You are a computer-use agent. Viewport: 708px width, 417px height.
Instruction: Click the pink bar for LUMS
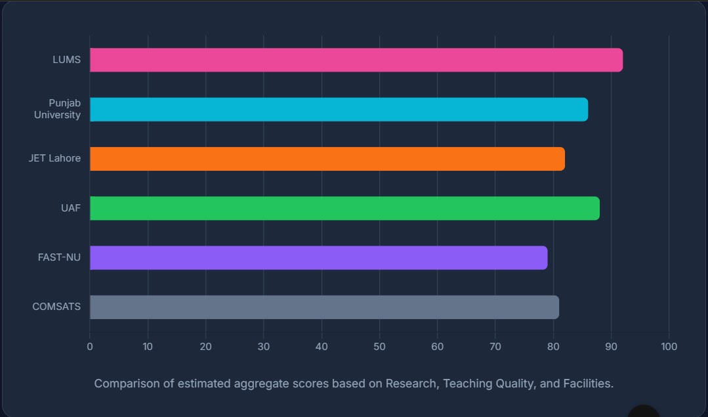[x=356, y=60]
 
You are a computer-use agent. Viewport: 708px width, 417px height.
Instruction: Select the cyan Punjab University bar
[x=339, y=110]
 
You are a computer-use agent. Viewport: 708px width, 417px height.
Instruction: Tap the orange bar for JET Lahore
[x=327, y=159]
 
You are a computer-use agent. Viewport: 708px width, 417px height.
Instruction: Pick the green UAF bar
[x=344, y=208]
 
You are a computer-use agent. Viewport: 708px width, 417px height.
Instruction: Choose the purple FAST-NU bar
[x=318, y=257]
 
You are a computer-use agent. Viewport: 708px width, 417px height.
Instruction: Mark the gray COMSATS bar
[x=324, y=307]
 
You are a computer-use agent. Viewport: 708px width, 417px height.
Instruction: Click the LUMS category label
[x=66, y=60]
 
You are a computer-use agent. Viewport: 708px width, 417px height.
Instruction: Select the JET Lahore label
[x=54, y=158]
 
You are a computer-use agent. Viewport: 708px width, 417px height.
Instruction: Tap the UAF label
[x=70, y=208]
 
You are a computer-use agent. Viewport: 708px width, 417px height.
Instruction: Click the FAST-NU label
[x=59, y=257]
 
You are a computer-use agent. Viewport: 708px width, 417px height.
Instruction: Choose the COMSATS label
[x=56, y=307]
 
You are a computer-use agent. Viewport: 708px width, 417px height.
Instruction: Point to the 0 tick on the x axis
[x=90, y=347]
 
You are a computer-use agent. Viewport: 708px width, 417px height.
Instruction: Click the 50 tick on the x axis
[x=379, y=347]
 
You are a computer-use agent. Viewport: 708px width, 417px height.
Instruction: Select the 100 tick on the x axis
[x=669, y=347]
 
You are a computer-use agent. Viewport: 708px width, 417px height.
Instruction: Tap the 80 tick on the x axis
[x=553, y=347]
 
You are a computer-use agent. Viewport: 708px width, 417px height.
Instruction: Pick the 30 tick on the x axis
[x=264, y=347]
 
